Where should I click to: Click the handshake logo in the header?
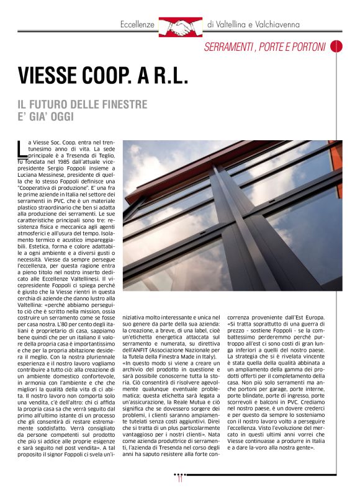(x=180, y=25)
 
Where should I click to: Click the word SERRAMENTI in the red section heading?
(x=230, y=47)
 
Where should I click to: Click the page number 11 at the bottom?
(x=180, y=478)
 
